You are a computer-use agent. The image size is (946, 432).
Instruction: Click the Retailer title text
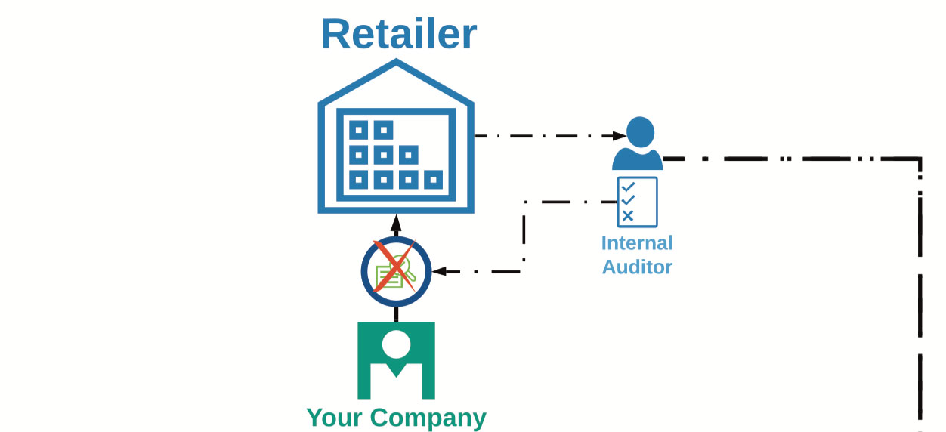pyautogui.click(x=399, y=33)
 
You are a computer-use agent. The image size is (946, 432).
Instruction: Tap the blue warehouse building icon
pyautogui.click(x=395, y=143)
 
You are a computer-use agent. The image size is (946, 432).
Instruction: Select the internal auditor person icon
pyautogui.click(x=638, y=143)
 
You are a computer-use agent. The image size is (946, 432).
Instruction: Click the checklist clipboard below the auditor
pyautogui.click(x=637, y=202)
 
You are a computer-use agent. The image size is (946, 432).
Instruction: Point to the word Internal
pyautogui.click(x=637, y=243)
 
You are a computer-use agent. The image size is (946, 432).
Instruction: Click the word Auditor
pyautogui.click(x=637, y=267)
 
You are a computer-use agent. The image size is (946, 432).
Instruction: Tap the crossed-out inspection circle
pyautogui.click(x=396, y=271)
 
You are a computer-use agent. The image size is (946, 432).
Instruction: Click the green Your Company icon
pyautogui.click(x=396, y=359)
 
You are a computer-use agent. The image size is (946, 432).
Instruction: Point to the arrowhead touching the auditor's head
pyautogui.click(x=619, y=137)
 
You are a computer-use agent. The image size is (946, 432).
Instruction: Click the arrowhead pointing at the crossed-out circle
pyautogui.click(x=439, y=271)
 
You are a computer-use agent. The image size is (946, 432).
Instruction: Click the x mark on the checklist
pyautogui.click(x=627, y=216)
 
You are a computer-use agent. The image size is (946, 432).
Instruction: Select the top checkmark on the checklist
pyautogui.click(x=627, y=186)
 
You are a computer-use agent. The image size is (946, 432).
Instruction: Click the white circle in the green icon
pyautogui.click(x=396, y=344)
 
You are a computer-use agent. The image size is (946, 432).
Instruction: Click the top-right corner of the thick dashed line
pyautogui.click(x=920, y=159)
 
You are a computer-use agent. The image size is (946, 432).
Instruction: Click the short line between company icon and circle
pyautogui.click(x=396, y=313)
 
